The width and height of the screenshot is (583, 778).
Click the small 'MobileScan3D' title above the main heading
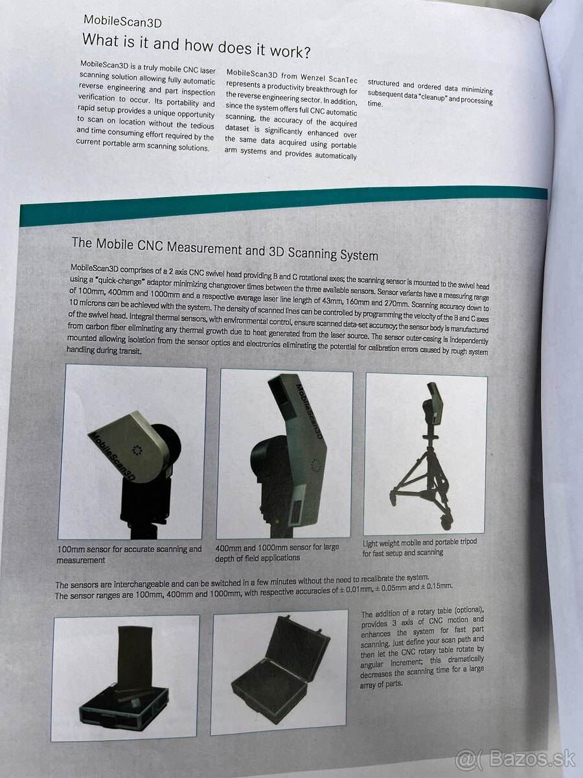[122, 21]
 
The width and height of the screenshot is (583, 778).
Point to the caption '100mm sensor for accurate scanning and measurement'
[129, 554]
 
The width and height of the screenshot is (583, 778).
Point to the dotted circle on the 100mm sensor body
[137, 449]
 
